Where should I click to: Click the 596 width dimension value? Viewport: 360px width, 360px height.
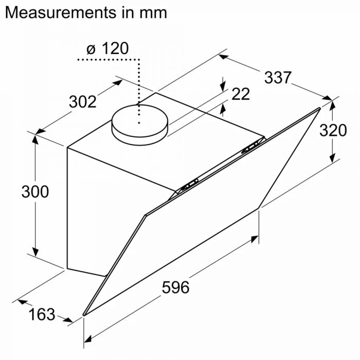pyautogui.click(x=175, y=287)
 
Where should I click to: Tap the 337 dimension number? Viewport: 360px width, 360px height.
pyautogui.click(x=278, y=78)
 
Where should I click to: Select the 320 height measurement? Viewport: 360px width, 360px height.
pyautogui.click(x=333, y=131)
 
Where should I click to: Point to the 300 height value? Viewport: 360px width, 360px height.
pyautogui.click(x=35, y=191)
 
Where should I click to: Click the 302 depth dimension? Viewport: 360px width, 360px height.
pyautogui.click(x=83, y=102)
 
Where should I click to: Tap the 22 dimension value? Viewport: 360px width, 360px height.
pyautogui.click(x=240, y=94)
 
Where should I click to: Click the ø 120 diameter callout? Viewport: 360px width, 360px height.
pyautogui.click(x=107, y=49)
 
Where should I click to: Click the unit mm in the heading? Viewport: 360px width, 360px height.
pyautogui.click(x=153, y=12)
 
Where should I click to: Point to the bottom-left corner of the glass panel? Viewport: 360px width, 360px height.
pyautogui.click(x=84, y=314)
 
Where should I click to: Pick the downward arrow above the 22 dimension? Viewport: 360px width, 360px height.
pyautogui.click(x=223, y=86)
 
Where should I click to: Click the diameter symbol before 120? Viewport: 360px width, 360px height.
pyautogui.click(x=91, y=49)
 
